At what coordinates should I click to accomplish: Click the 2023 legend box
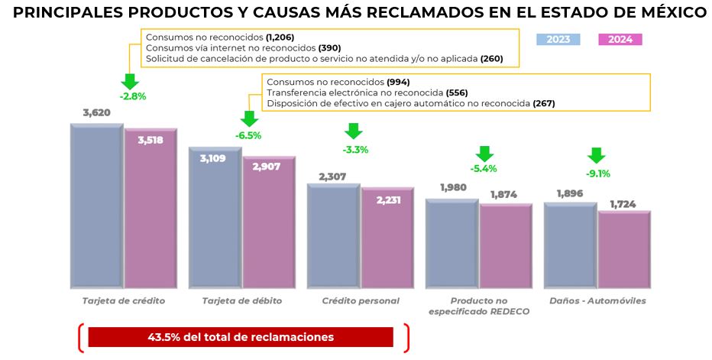pos(558,40)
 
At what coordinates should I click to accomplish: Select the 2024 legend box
pos(620,40)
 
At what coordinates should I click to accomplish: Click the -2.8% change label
pos(131,96)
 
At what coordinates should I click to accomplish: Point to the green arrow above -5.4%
pos(484,152)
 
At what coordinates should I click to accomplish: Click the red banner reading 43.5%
pos(241,337)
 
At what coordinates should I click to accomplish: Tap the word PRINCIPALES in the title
pos(66,13)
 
